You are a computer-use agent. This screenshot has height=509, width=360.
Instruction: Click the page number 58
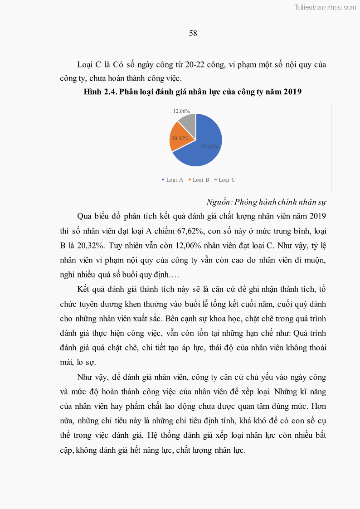click(193, 34)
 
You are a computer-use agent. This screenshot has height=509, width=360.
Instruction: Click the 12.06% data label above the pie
click(181, 111)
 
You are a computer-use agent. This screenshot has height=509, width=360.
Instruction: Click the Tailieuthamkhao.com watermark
click(325, 7)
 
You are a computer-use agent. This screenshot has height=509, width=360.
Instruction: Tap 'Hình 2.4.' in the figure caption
click(100, 92)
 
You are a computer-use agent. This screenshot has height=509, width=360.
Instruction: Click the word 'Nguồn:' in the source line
click(219, 202)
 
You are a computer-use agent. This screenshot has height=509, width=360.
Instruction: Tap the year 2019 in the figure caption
click(293, 92)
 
